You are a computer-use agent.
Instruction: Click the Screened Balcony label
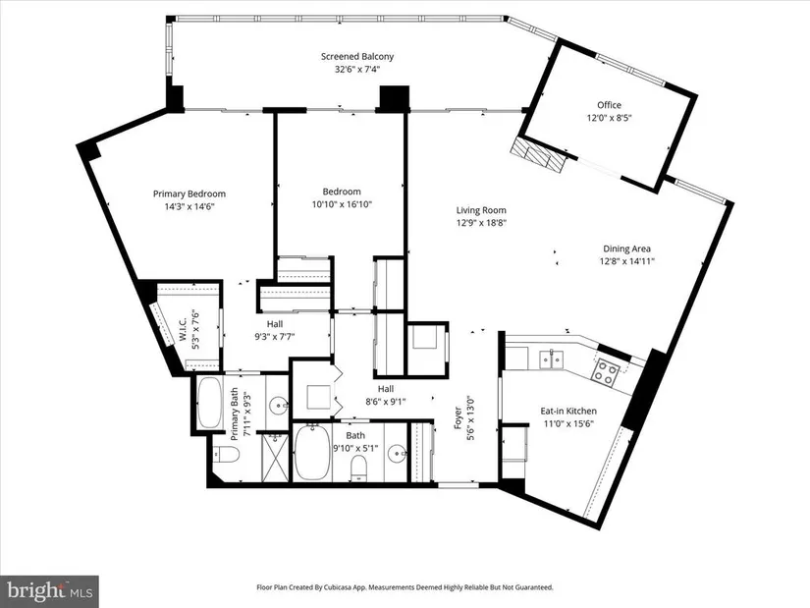357,56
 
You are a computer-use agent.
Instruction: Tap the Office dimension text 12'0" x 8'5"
609,118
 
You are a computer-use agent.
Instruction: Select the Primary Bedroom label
189,193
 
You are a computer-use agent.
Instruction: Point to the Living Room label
481,210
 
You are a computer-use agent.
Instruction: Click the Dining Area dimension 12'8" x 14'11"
626,261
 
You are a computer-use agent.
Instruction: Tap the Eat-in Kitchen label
568,411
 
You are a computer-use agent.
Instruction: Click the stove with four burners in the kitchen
605,372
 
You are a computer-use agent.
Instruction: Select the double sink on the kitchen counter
552,359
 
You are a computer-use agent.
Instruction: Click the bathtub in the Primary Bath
209,403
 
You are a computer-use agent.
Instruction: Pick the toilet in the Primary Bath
227,455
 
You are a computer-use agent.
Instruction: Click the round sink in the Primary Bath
279,404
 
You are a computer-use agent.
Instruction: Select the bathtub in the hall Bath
312,453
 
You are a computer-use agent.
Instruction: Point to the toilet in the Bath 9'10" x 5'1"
358,467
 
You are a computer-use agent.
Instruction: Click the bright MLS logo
50,590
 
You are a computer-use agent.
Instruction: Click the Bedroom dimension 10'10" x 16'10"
342,204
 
